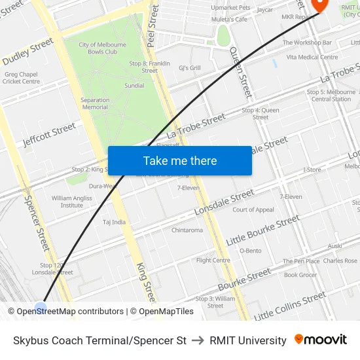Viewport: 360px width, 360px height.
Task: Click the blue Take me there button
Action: click(x=179, y=161)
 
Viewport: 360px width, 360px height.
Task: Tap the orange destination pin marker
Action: click(x=319, y=4)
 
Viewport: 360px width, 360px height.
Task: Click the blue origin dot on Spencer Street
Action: click(x=41, y=308)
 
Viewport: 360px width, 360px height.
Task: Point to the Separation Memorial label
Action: click(x=95, y=103)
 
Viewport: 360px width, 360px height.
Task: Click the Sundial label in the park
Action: click(x=134, y=86)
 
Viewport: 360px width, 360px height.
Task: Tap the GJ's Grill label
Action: click(x=190, y=68)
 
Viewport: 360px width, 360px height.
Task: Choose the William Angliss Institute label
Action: click(x=72, y=201)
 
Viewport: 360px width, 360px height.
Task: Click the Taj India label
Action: click(x=114, y=222)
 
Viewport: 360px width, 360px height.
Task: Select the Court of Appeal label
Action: click(x=253, y=210)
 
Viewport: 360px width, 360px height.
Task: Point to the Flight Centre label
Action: click(x=213, y=260)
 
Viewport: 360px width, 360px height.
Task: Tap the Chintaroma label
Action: click(x=187, y=230)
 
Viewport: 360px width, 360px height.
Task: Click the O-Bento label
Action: click(x=250, y=251)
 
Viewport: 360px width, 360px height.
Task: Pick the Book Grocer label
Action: click(x=300, y=275)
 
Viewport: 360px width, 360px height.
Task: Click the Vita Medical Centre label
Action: click(x=312, y=57)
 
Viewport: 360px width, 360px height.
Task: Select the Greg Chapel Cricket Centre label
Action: click(x=21, y=78)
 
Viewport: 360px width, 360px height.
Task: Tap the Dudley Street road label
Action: click(x=27, y=52)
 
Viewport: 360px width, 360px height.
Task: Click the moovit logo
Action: click(x=321, y=340)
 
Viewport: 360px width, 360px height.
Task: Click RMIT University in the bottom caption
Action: click(x=248, y=340)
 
